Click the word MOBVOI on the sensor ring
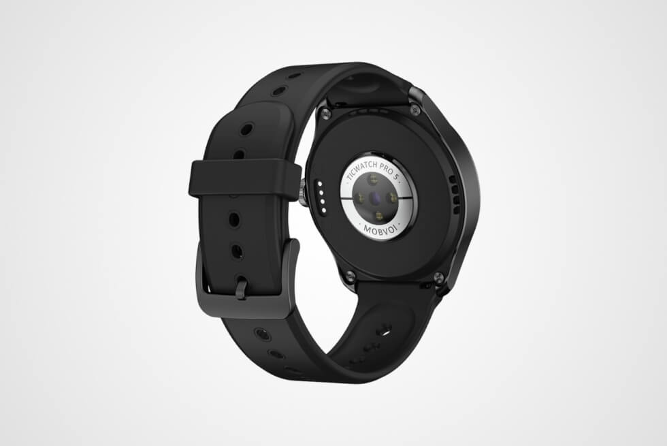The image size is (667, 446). click(378, 230)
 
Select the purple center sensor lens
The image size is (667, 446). click(375, 197)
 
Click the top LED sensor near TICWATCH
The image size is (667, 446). click(373, 178)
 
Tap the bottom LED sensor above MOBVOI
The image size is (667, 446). click(379, 216)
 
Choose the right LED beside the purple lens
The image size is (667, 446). click(392, 197)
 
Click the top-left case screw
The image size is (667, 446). click(325, 113)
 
